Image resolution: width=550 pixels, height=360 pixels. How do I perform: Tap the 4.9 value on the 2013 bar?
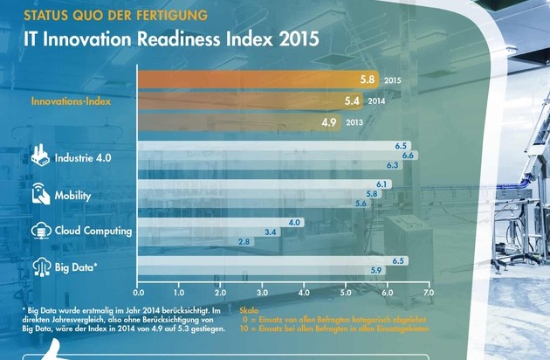pos(329,122)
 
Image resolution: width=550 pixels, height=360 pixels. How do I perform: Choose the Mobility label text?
pos(72,196)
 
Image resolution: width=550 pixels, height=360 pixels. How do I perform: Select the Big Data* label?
pos(76,266)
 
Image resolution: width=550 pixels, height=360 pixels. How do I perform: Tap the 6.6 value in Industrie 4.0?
pos(407,155)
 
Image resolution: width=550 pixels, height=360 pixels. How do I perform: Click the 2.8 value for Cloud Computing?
pos(244,241)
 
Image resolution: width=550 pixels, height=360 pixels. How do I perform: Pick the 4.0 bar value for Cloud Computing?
pos(294,223)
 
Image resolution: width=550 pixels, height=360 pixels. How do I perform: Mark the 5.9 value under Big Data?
pos(377,271)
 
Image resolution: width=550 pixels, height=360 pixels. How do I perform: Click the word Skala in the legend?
pos(249,309)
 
